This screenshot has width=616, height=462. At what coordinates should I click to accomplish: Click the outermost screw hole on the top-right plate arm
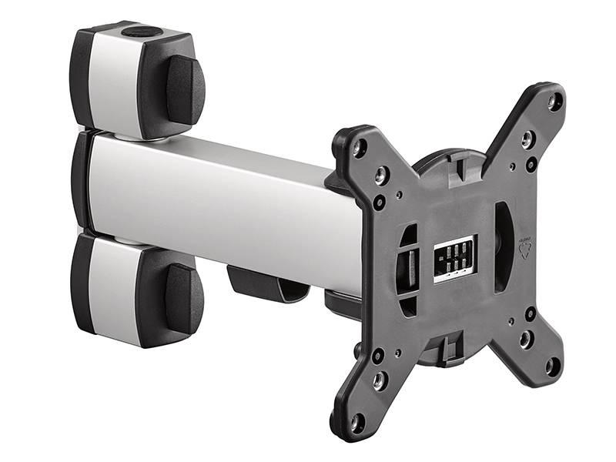point(555,99)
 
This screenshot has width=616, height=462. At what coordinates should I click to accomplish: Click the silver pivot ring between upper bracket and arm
point(135,137)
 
